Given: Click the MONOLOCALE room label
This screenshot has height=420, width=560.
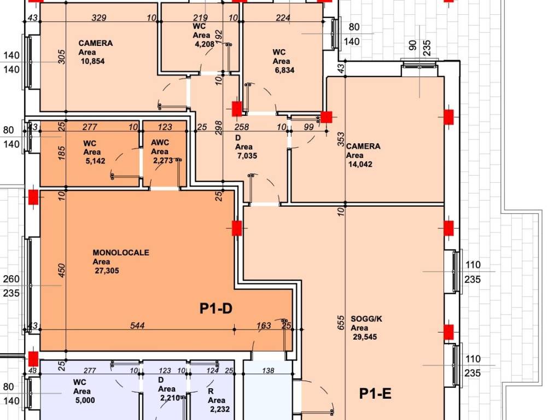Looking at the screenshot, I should point(121,253).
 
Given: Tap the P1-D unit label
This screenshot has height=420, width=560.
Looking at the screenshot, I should point(216,309).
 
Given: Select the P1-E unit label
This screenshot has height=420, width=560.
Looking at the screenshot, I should point(375,393).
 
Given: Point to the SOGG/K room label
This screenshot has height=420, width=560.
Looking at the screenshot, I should point(366,319).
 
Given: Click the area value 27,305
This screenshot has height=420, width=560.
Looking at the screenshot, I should point(106,271).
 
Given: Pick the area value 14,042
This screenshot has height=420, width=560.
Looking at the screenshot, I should point(359,164).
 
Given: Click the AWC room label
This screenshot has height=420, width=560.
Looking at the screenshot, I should point(160,143).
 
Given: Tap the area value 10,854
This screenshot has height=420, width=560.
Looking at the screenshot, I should point(92,61).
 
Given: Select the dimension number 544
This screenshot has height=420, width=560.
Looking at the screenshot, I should point(138,325).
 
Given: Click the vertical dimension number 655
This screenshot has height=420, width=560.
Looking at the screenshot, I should point(341,324).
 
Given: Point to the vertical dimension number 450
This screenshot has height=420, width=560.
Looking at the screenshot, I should point(62,271).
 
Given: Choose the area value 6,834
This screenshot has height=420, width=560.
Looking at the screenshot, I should point(285,70).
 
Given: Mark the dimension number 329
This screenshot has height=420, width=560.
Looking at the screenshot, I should point(98,18).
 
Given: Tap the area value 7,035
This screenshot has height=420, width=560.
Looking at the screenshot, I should point(247,156).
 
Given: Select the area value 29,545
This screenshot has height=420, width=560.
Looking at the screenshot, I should point(364,337).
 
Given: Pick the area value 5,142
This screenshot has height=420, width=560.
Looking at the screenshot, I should point(95,161).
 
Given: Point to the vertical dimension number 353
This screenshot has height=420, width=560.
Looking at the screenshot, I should point(341,139).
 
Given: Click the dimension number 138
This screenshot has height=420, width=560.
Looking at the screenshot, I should point(268,371).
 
